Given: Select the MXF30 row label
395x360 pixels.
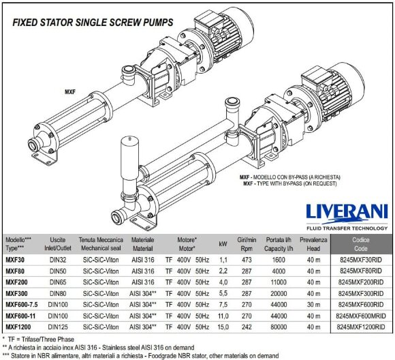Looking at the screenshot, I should pyautogui.click(x=15, y=260).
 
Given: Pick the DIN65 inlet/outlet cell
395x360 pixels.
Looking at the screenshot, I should pyautogui.click(x=59, y=282).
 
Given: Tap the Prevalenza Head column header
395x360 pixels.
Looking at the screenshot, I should pyautogui.click(x=314, y=244).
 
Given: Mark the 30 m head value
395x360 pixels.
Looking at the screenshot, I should pyautogui.click(x=314, y=304).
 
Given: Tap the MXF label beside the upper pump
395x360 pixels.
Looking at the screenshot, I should pyautogui.click(x=70, y=91).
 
